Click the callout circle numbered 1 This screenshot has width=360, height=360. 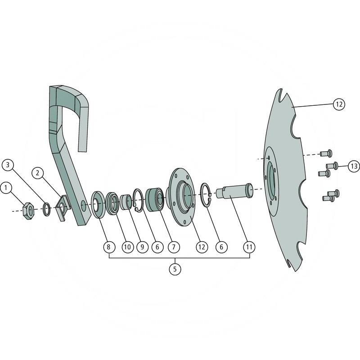click(6, 188)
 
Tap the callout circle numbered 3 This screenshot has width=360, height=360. click(8, 165)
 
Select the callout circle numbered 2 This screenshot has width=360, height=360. click(38, 173)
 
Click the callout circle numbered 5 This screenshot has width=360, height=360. click(175, 269)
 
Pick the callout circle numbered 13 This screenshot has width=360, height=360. click(354, 166)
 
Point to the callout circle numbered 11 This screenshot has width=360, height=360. click(249, 247)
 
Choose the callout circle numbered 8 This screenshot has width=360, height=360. click(108, 247)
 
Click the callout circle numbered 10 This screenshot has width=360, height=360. click(127, 247)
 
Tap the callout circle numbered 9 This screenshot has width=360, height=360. click(142, 247)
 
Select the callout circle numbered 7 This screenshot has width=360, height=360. click(174, 247)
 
